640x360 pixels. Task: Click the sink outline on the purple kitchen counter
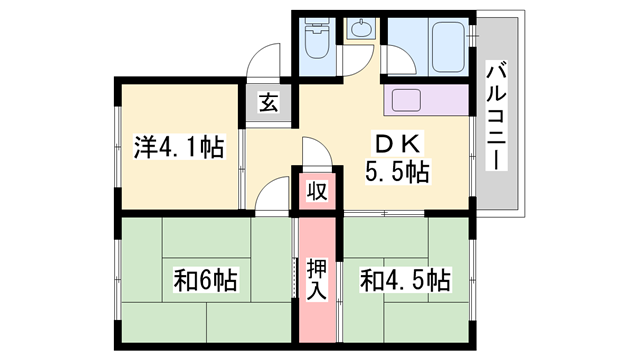point(407,100)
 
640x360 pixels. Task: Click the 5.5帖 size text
point(397,172)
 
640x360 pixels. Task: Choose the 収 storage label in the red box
point(316,190)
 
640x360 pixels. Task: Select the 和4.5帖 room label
point(403,280)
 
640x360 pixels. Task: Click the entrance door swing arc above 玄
point(265,60)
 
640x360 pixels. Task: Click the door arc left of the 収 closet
point(270,195)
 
